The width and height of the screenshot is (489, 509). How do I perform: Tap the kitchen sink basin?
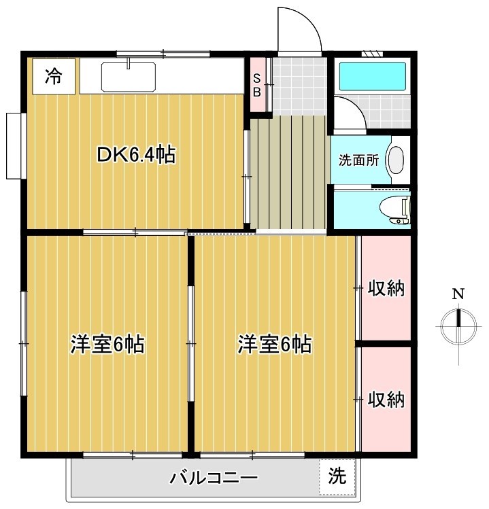tap(129, 76)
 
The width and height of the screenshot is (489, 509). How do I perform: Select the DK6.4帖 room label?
tap(136, 156)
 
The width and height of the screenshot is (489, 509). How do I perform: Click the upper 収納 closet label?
tap(386, 289)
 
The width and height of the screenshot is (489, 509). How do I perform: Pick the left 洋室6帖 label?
tap(107, 345)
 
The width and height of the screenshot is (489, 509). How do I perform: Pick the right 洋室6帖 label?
tap(274, 345)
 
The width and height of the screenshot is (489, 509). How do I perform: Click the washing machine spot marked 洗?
tap(337, 476)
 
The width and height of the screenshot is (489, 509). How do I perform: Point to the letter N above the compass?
tap(458, 294)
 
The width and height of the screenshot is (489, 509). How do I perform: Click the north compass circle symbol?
tap(458, 326)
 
